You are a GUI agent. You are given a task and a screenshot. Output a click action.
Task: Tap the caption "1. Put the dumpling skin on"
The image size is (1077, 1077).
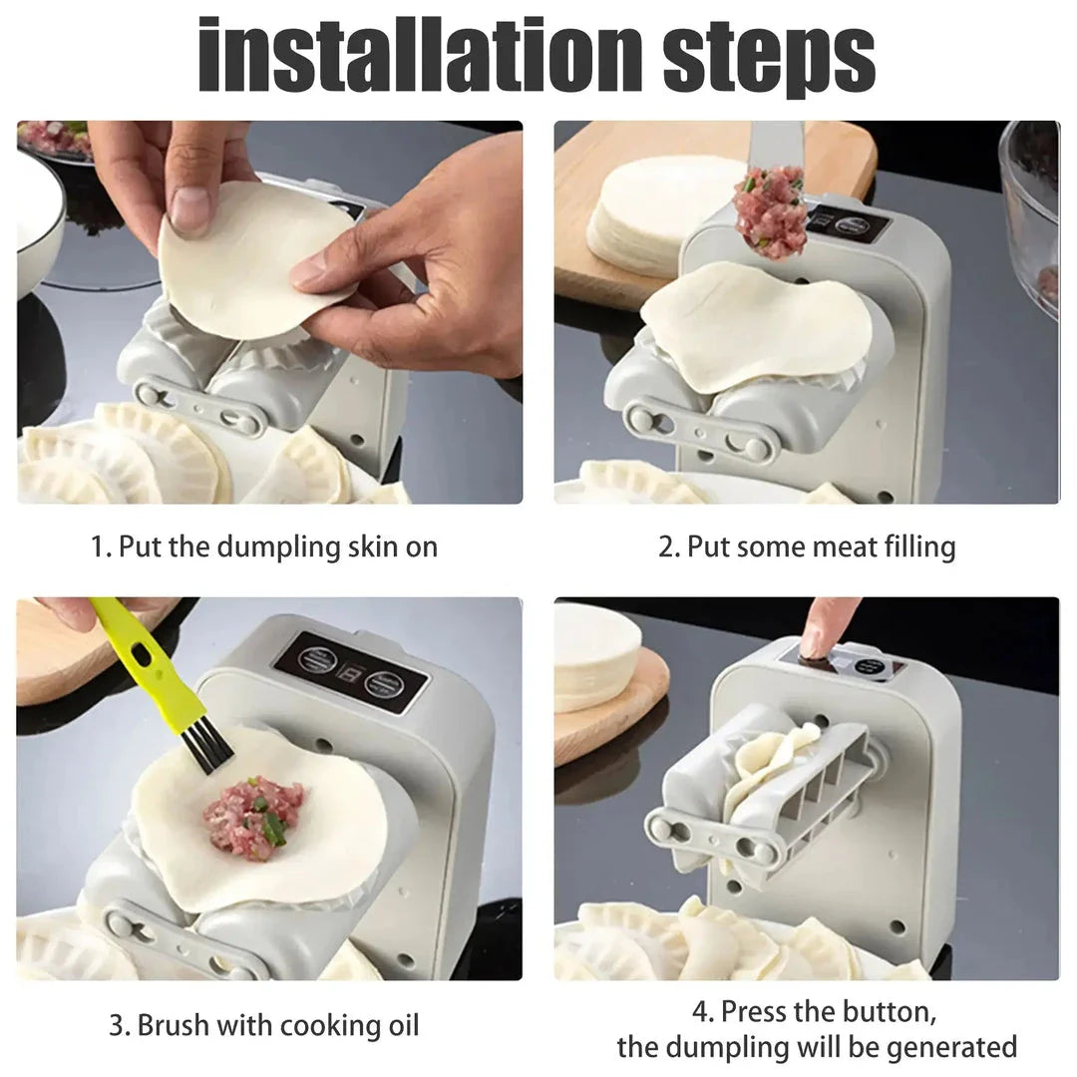[x=264, y=546]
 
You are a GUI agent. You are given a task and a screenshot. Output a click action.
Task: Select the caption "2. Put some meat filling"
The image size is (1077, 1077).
[x=806, y=546]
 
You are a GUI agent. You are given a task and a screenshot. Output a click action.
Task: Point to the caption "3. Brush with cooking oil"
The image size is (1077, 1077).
[x=264, y=1025]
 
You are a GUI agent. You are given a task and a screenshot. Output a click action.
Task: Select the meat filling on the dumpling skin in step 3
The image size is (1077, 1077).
[x=254, y=818]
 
